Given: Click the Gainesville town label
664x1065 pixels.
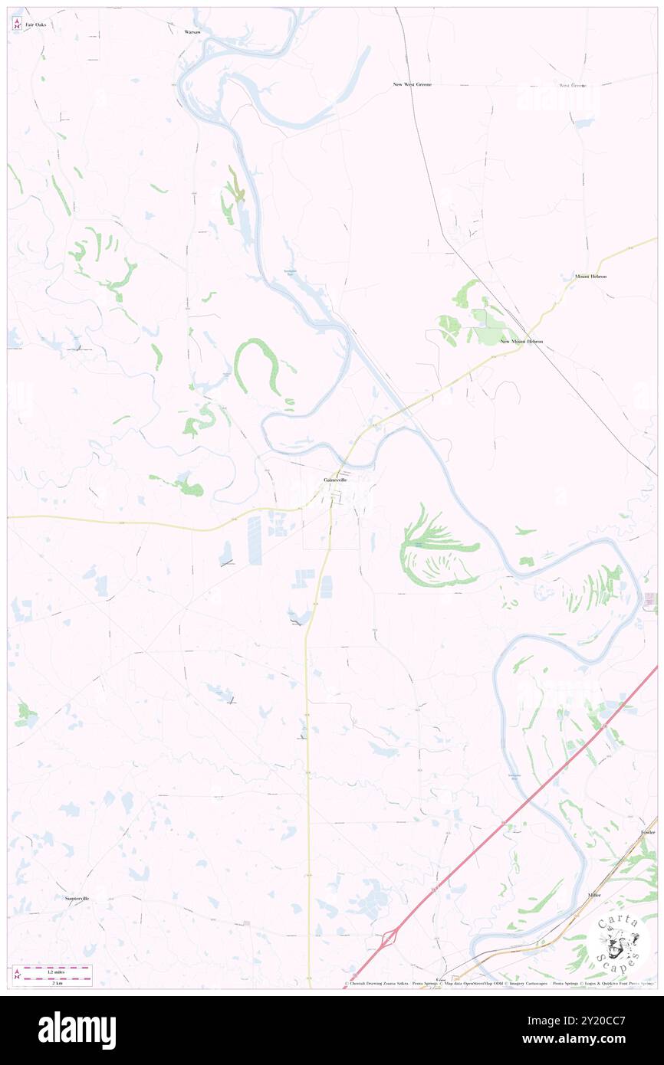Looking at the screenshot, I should (335, 480).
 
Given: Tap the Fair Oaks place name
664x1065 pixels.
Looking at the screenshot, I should (35, 25).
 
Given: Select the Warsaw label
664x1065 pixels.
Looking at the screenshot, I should (192, 32).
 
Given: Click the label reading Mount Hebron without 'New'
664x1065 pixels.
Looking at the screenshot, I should (590, 276).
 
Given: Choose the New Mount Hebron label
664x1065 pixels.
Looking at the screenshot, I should (521, 341).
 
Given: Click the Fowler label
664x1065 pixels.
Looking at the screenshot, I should (649, 832).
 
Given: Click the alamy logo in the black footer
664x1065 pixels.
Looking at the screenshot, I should (77, 1031).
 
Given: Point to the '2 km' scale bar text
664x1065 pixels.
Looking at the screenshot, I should (52, 981).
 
